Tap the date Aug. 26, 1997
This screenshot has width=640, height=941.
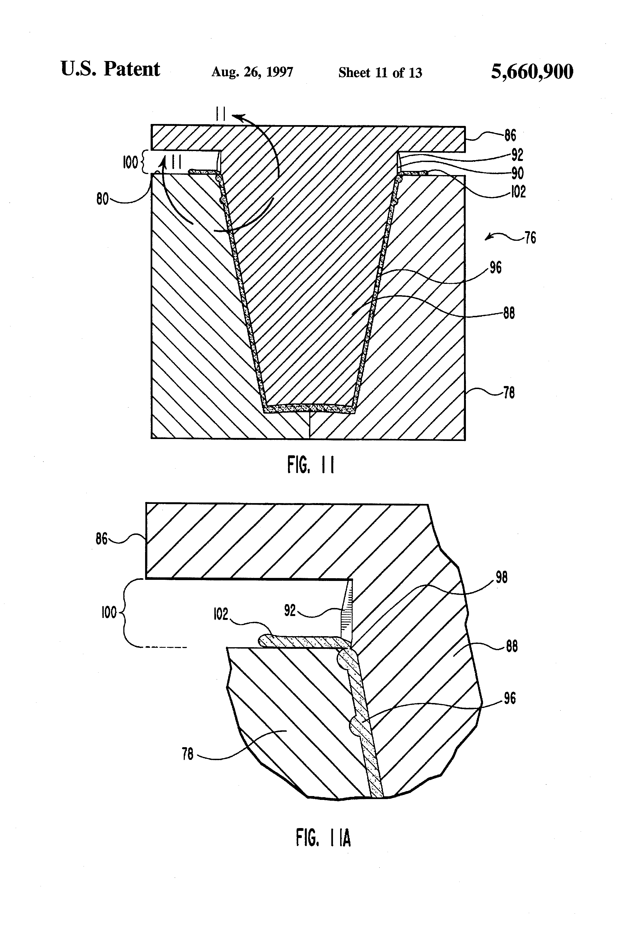(x=252, y=72)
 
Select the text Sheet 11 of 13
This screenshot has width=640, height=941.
(x=380, y=72)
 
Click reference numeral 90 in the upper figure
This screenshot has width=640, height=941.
(x=518, y=173)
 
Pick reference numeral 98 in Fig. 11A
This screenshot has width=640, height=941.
(x=501, y=577)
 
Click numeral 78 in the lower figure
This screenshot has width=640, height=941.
(x=188, y=754)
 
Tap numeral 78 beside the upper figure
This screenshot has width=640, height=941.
(x=509, y=393)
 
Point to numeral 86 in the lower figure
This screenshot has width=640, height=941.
(x=102, y=539)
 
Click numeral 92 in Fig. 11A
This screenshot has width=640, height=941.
(x=290, y=610)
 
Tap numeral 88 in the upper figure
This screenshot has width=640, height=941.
(x=509, y=313)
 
